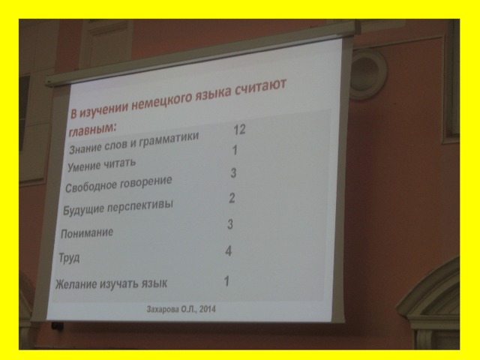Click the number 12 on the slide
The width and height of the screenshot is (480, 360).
point(239,130)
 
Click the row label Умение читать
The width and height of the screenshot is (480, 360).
point(101,165)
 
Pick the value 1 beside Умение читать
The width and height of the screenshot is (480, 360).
point(235,150)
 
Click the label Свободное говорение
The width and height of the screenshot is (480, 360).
point(118,184)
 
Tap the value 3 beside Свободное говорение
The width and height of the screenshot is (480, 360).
point(233,173)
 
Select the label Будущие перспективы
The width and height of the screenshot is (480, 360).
point(118,207)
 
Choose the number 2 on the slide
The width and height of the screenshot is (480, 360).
point(232,198)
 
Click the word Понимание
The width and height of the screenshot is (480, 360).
point(87,233)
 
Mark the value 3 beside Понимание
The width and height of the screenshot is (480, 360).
point(230,224)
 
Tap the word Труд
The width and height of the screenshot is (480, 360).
point(69,258)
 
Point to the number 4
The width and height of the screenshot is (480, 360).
point(228,251)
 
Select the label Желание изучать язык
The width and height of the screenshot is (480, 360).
point(112,283)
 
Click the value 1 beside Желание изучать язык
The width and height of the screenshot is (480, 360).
point(226,281)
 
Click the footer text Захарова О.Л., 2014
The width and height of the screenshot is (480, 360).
point(181,309)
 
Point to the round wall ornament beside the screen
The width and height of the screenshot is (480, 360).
point(368,74)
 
